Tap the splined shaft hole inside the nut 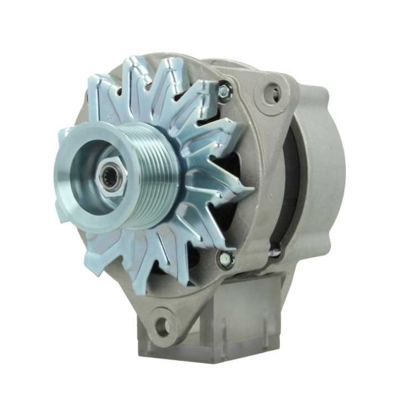[111, 179]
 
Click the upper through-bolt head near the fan [225, 90]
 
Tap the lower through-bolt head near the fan [226, 259]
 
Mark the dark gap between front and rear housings [290, 187]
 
